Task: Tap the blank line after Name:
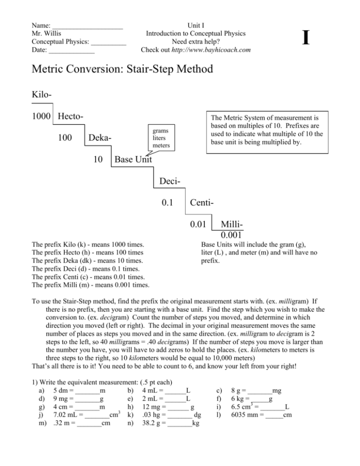tap(88, 26)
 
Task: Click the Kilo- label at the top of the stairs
tap(42, 95)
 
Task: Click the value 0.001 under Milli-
tap(233, 235)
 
